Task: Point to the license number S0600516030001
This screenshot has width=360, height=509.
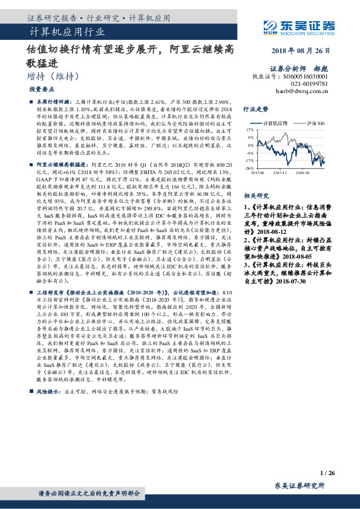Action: [306, 77]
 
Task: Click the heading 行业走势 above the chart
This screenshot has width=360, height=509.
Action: [255, 109]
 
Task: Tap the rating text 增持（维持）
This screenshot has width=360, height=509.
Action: [54, 76]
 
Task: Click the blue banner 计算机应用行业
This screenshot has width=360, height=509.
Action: [67, 31]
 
